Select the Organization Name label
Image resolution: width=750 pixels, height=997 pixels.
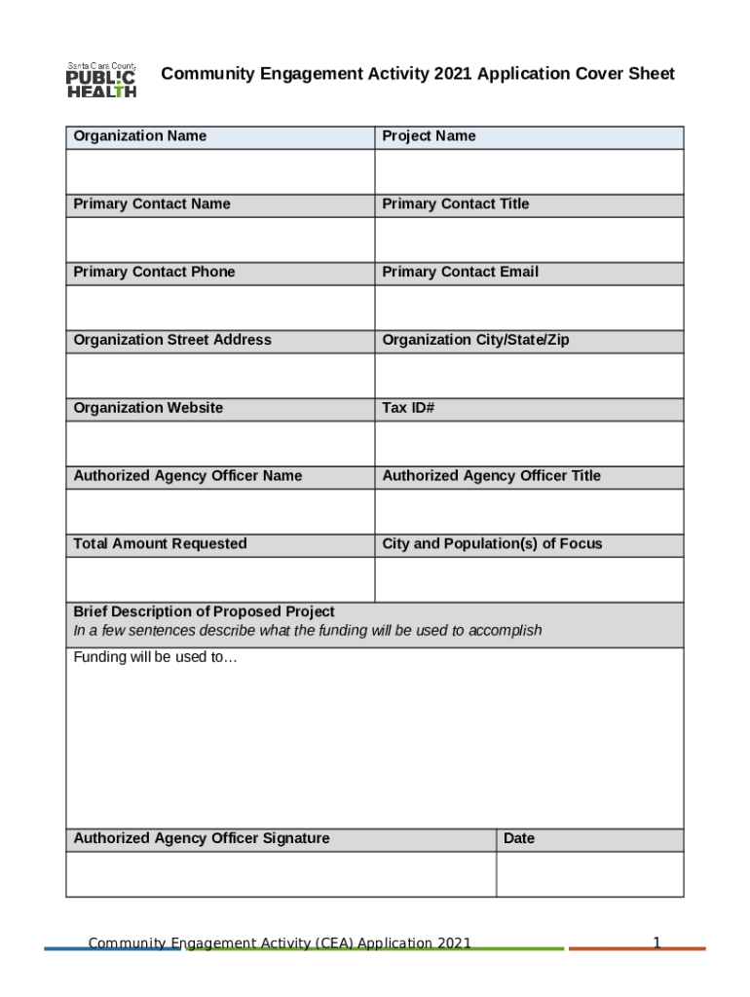(139, 136)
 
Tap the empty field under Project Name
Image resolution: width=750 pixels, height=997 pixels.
(529, 171)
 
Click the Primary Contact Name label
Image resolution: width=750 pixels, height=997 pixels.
(152, 204)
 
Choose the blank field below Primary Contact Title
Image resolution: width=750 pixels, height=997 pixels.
(529, 240)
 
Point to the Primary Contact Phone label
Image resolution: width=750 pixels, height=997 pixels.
(154, 273)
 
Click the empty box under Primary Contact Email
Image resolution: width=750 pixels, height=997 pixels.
(529, 308)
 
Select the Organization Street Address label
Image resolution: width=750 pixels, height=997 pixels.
(172, 340)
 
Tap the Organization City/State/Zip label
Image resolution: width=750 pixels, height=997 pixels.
(475, 340)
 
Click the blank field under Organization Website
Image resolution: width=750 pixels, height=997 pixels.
(220, 444)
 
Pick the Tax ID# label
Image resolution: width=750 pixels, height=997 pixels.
(408, 408)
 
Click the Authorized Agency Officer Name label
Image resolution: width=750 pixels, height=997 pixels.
(188, 476)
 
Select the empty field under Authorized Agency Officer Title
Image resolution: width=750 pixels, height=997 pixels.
(529, 511)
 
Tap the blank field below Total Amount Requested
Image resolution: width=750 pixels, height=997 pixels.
(220, 579)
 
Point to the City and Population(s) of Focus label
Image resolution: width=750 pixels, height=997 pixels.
(492, 544)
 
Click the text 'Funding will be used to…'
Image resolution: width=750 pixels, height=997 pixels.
(155, 657)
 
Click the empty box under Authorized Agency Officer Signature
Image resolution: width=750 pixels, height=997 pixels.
(281, 874)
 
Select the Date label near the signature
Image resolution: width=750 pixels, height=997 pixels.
(519, 839)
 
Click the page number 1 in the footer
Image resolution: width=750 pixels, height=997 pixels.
(656, 942)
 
